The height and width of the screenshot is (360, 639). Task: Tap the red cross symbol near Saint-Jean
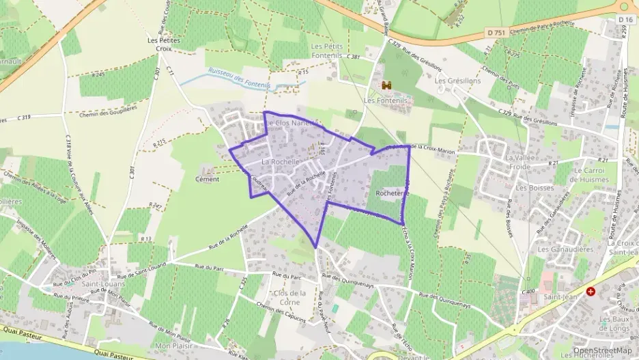click(x=591, y=291)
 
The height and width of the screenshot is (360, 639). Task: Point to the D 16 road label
click(x=625, y=20)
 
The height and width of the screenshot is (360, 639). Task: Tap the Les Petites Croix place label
click(x=162, y=44)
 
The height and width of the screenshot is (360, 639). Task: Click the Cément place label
click(x=207, y=180)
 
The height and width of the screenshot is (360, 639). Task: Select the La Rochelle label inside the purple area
click(x=281, y=162)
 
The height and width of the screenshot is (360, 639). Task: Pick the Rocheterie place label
click(x=392, y=193)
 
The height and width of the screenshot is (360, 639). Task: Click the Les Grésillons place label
click(x=458, y=81)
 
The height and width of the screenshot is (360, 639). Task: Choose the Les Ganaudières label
click(x=565, y=250)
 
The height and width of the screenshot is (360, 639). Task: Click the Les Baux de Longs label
click(x=614, y=323)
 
